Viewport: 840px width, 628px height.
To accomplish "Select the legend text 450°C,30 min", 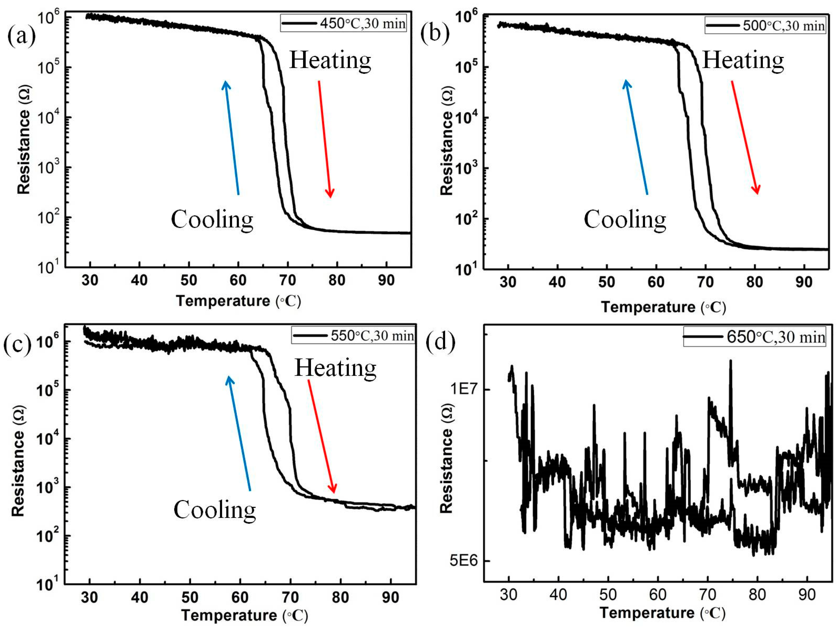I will pos(362,23).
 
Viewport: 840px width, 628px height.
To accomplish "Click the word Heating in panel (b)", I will pos(743,61).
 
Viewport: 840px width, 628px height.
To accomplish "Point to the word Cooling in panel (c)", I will pos(215,510).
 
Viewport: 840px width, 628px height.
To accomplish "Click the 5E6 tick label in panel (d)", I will pos(464,560).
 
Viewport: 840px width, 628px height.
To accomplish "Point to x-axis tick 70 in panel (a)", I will pos(287,280).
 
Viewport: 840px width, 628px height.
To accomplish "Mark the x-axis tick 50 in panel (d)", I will pos(608,594).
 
